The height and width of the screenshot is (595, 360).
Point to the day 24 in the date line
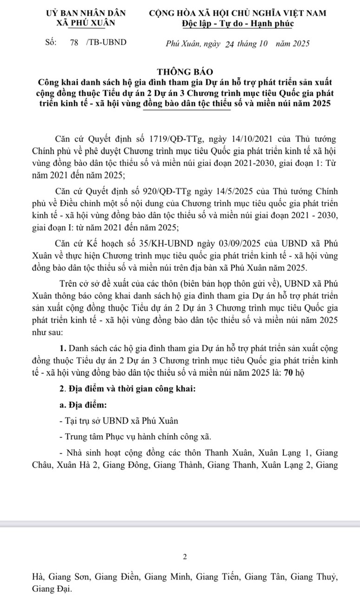(x=229, y=44)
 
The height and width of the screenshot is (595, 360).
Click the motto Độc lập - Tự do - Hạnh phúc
(x=238, y=23)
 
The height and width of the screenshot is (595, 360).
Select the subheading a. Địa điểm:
(x=80, y=404)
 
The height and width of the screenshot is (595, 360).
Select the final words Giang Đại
(x=52, y=589)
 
